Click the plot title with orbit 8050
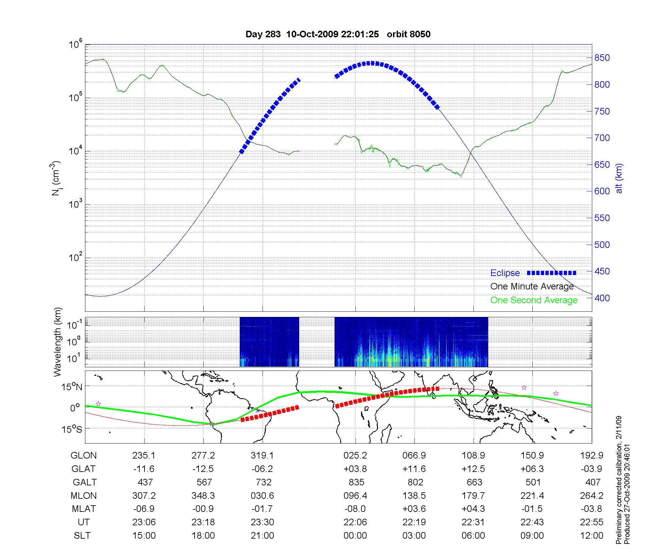tap(338, 34)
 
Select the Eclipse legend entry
tap(505, 273)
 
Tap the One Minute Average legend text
tap(532, 287)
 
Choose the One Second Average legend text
tap(534, 300)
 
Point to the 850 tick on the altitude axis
tap(602, 58)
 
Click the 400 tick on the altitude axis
tap(602, 298)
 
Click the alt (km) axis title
tap(619, 178)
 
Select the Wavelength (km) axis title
tap(58, 342)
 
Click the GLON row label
tap(84, 455)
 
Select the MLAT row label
tap(84, 509)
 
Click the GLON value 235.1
tap(144, 455)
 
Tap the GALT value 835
tap(356, 482)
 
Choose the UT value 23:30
tap(262, 522)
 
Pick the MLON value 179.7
tap(473, 495)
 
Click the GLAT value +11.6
tap(414, 469)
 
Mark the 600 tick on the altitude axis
tap(602, 191)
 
